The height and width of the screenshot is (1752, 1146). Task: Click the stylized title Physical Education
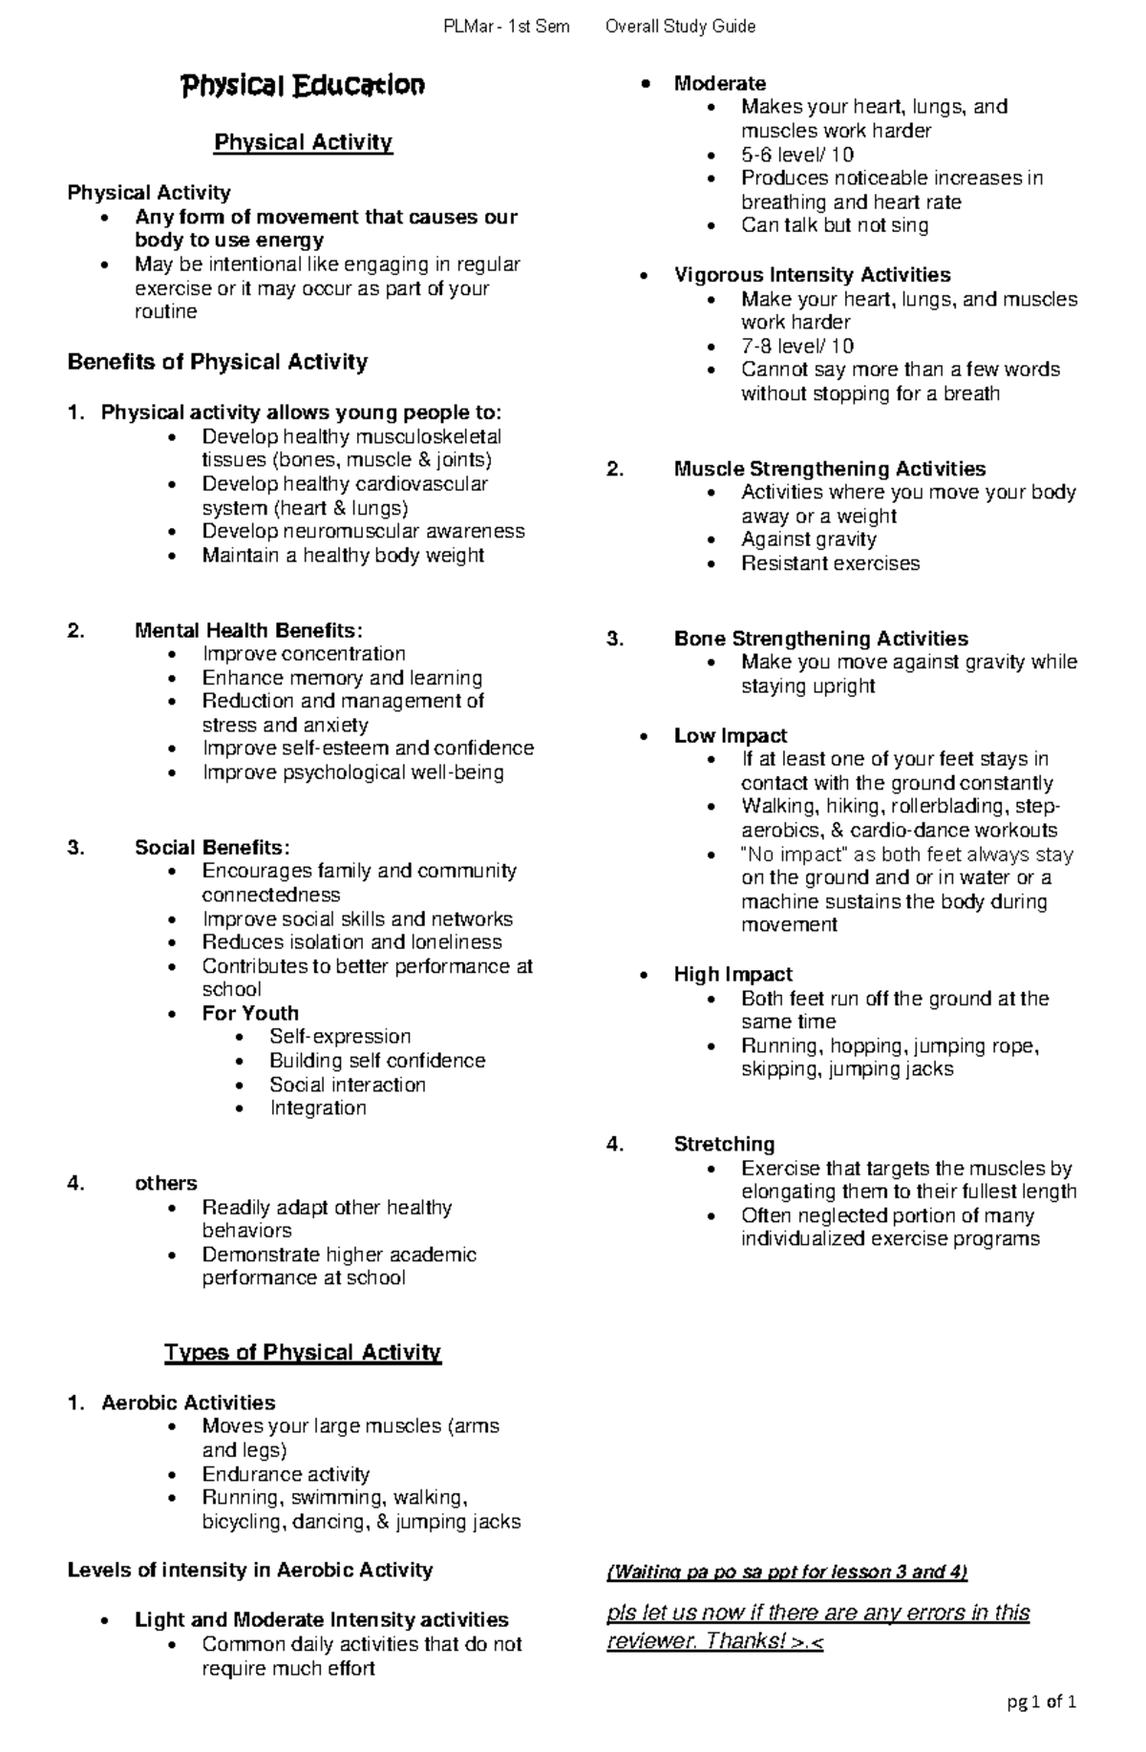303,86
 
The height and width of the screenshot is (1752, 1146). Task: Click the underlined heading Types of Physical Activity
303,1352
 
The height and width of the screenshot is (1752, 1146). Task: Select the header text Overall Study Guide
680,27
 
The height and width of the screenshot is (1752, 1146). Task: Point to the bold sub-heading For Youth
250,1013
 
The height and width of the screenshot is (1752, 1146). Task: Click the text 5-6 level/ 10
797,155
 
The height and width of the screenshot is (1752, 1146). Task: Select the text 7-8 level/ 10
797,346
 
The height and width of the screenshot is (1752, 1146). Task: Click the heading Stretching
724,1144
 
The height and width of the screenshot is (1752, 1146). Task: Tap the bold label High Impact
732,974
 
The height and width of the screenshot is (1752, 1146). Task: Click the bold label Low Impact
730,735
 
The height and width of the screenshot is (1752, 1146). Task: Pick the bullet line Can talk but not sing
835,225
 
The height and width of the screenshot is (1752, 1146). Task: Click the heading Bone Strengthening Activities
820,638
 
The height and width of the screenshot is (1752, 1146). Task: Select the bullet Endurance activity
286,1474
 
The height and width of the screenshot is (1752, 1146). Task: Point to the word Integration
317,1108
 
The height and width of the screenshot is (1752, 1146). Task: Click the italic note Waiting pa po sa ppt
787,1572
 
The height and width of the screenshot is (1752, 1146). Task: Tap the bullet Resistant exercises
830,563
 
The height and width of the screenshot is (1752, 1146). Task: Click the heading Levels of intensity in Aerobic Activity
250,1570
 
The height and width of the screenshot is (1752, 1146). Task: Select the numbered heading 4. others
165,1183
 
